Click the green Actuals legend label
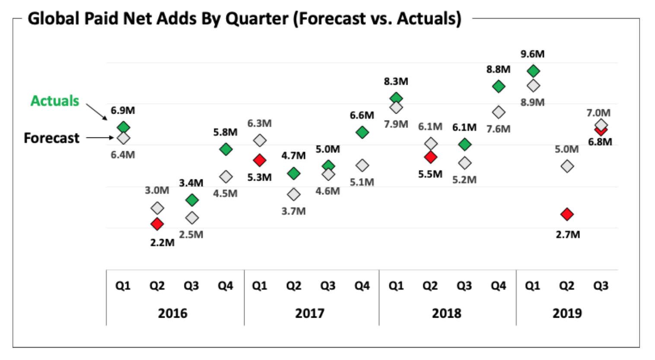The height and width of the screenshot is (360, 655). (54, 101)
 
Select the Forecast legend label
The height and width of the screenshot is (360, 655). (51, 138)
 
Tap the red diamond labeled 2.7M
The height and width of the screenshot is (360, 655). (567, 214)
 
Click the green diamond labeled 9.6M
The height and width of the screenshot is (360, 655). (533, 71)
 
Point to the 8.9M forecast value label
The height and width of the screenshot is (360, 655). (532, 102)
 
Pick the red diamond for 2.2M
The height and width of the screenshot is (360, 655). (157, 224)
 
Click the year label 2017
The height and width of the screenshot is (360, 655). (309, 313)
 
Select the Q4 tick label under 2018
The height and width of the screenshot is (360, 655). (498, 286)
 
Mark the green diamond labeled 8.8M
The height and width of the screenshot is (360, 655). (499, 86)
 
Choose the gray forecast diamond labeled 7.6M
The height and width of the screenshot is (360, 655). (499, 112)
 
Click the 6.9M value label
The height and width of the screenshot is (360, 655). (123, 110)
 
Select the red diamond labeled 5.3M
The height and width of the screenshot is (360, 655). (260, 160)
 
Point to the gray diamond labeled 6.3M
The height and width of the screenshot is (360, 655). (260, 140)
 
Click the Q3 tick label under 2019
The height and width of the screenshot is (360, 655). (601, 286)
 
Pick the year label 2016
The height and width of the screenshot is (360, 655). (172, 313)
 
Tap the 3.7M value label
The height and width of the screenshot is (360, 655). (293, 211)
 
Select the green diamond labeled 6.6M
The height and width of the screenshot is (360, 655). (362, 132)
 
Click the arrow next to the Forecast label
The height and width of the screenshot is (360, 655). (99, 138)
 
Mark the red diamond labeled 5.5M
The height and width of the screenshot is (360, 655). (430, 157)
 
